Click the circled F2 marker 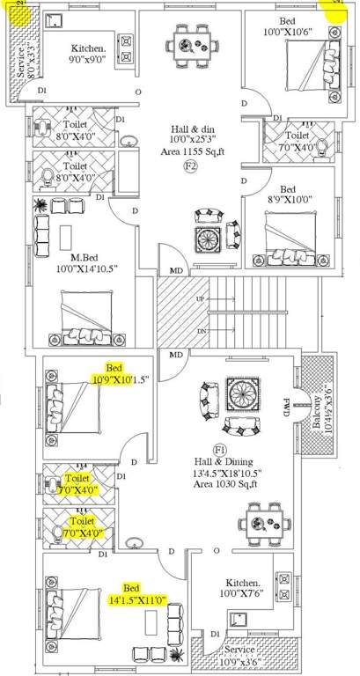(x=190, y=168)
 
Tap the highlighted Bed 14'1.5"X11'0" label (x=136, y=594)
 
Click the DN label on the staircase (x=202, y=331)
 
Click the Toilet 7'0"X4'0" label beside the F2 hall (x=297, y=142)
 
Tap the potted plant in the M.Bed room (x=40, y=205)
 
